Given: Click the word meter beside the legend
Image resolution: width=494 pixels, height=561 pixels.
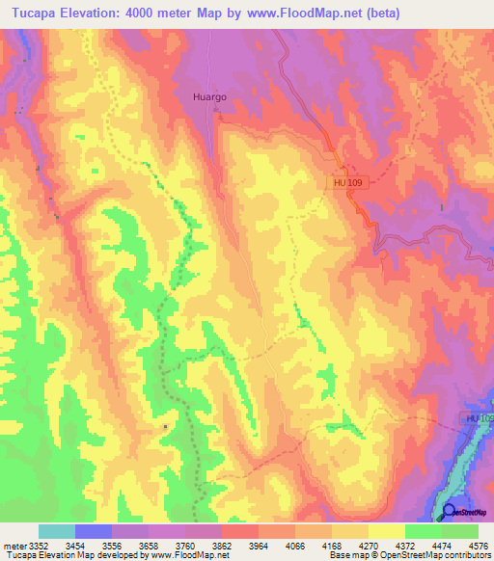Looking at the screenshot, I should click(x=12, y=545).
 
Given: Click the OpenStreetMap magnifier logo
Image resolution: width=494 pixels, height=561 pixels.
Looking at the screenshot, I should click(x=449, y=512).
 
